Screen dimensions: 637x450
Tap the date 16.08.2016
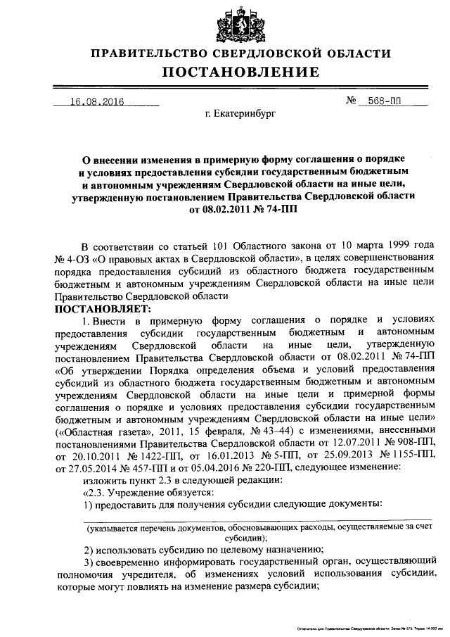coord(96,102)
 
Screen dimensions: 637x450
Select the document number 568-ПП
coord(385,102)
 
